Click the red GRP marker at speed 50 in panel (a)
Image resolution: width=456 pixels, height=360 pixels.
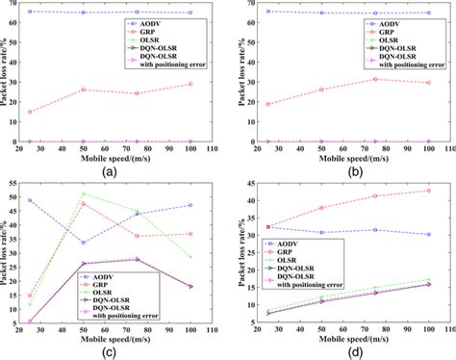click(84, 90)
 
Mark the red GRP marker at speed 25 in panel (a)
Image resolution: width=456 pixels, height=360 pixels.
click(30, 112)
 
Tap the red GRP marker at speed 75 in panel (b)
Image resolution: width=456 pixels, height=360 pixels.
click(374, 79)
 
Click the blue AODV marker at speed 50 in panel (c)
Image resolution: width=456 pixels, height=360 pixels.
click(84, 243)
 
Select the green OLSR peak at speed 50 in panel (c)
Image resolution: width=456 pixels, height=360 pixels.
click(84, 193)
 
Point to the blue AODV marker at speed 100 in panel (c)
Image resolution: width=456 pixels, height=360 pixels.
click(191, 205)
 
